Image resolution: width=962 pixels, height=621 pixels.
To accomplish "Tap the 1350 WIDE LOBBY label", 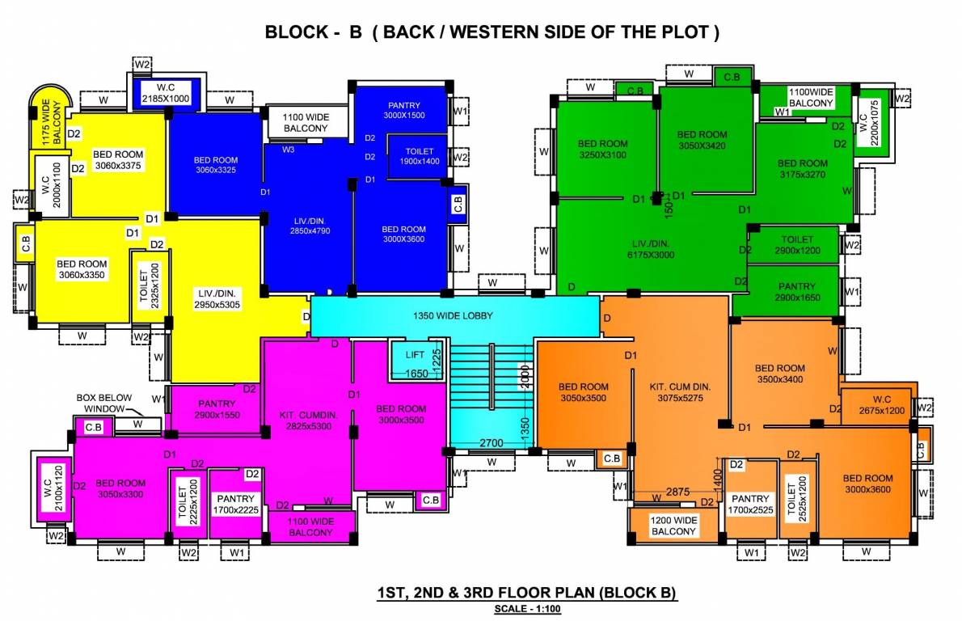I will pyautogui.click(x=452, y=315).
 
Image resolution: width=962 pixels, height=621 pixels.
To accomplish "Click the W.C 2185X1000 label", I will pyautogui.click(x=166, y=92).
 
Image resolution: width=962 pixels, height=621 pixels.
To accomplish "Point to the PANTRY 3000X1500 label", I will pyautogui.click(x=403, y=110).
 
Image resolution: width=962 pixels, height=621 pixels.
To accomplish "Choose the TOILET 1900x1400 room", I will pyautogui.click(x=420, y=156).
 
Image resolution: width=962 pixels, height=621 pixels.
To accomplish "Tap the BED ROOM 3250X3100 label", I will pyautogui.click(x=602, y=149).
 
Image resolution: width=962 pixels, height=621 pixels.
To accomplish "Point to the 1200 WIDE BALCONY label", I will pyautogui.click(x=673, y=526).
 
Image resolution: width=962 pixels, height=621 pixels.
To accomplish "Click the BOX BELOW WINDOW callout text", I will pyautogui.click(x=103, y=403).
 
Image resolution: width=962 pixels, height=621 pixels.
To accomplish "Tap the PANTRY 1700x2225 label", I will pyautogui.click(x=235, y=505).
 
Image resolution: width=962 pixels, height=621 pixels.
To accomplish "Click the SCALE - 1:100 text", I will pyautogui.click(x=527, y=609).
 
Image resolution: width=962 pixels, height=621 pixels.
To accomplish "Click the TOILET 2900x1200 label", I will pyautogui.click(x=797, y=245).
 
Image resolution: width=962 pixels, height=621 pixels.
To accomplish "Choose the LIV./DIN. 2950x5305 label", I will pyautogui.click(x=215, y=298).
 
